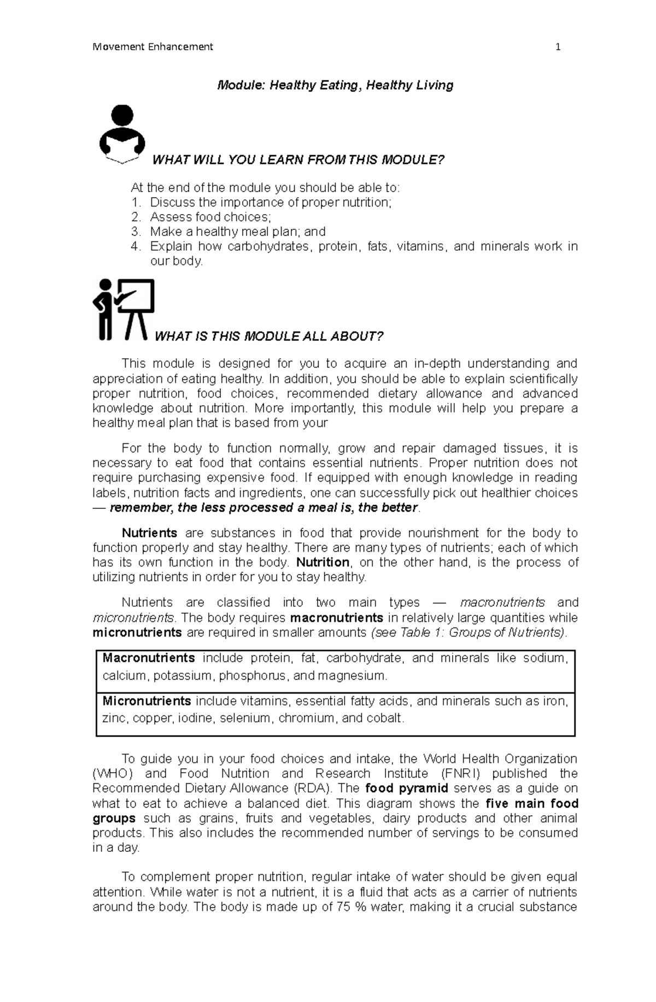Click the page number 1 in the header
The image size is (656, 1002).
[x=558, y=47]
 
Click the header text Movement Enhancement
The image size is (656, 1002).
[x=153, y=47]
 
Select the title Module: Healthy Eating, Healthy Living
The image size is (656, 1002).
[x=335, y=85]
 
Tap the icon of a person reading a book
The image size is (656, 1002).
[x=122, y=134]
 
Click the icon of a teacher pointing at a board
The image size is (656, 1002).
[x=124, y=310]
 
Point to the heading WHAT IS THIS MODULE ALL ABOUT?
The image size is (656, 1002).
[x=269, y=336]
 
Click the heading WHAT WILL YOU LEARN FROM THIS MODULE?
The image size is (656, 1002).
[x=298, y=160]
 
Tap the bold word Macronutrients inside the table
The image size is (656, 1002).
[x=149, y=658]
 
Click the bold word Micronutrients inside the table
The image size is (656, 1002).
[x=147, y=701]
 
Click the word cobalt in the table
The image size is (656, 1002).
[x=385, y=718]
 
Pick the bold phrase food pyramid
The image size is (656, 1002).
[x=407, y=788]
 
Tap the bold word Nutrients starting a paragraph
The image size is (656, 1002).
[x=149, y=533]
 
